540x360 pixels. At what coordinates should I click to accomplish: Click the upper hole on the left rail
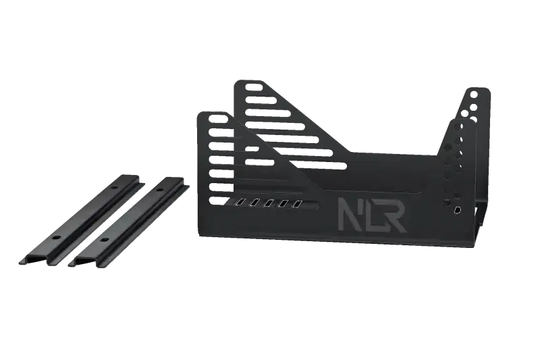point(115,188)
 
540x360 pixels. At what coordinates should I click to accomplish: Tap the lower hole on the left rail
point(55,238)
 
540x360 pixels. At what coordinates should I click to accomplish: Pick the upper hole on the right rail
point(159,190)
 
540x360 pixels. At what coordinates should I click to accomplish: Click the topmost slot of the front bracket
point(218,119)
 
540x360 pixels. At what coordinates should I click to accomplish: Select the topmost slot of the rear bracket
point(254,86)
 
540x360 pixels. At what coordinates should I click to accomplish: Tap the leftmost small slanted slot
point(240,202)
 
